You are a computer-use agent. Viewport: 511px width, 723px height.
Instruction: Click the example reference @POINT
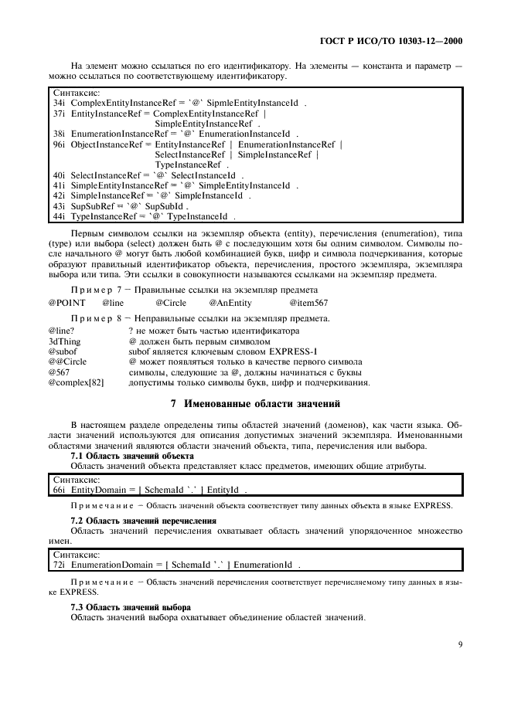65,304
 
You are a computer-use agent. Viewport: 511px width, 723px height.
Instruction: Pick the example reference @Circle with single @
170,304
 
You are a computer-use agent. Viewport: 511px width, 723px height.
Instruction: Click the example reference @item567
308,304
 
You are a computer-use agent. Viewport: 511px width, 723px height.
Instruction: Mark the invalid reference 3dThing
64,341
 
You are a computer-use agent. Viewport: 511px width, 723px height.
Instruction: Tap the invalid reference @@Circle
67,361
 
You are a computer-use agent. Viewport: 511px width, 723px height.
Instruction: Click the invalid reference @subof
63,351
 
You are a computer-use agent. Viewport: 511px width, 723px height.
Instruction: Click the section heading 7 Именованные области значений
255,404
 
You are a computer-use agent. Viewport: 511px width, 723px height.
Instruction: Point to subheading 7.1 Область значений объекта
131,457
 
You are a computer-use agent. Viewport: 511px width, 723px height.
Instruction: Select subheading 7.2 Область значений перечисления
143,521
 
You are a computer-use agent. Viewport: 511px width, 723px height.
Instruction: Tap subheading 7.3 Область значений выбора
130,607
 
